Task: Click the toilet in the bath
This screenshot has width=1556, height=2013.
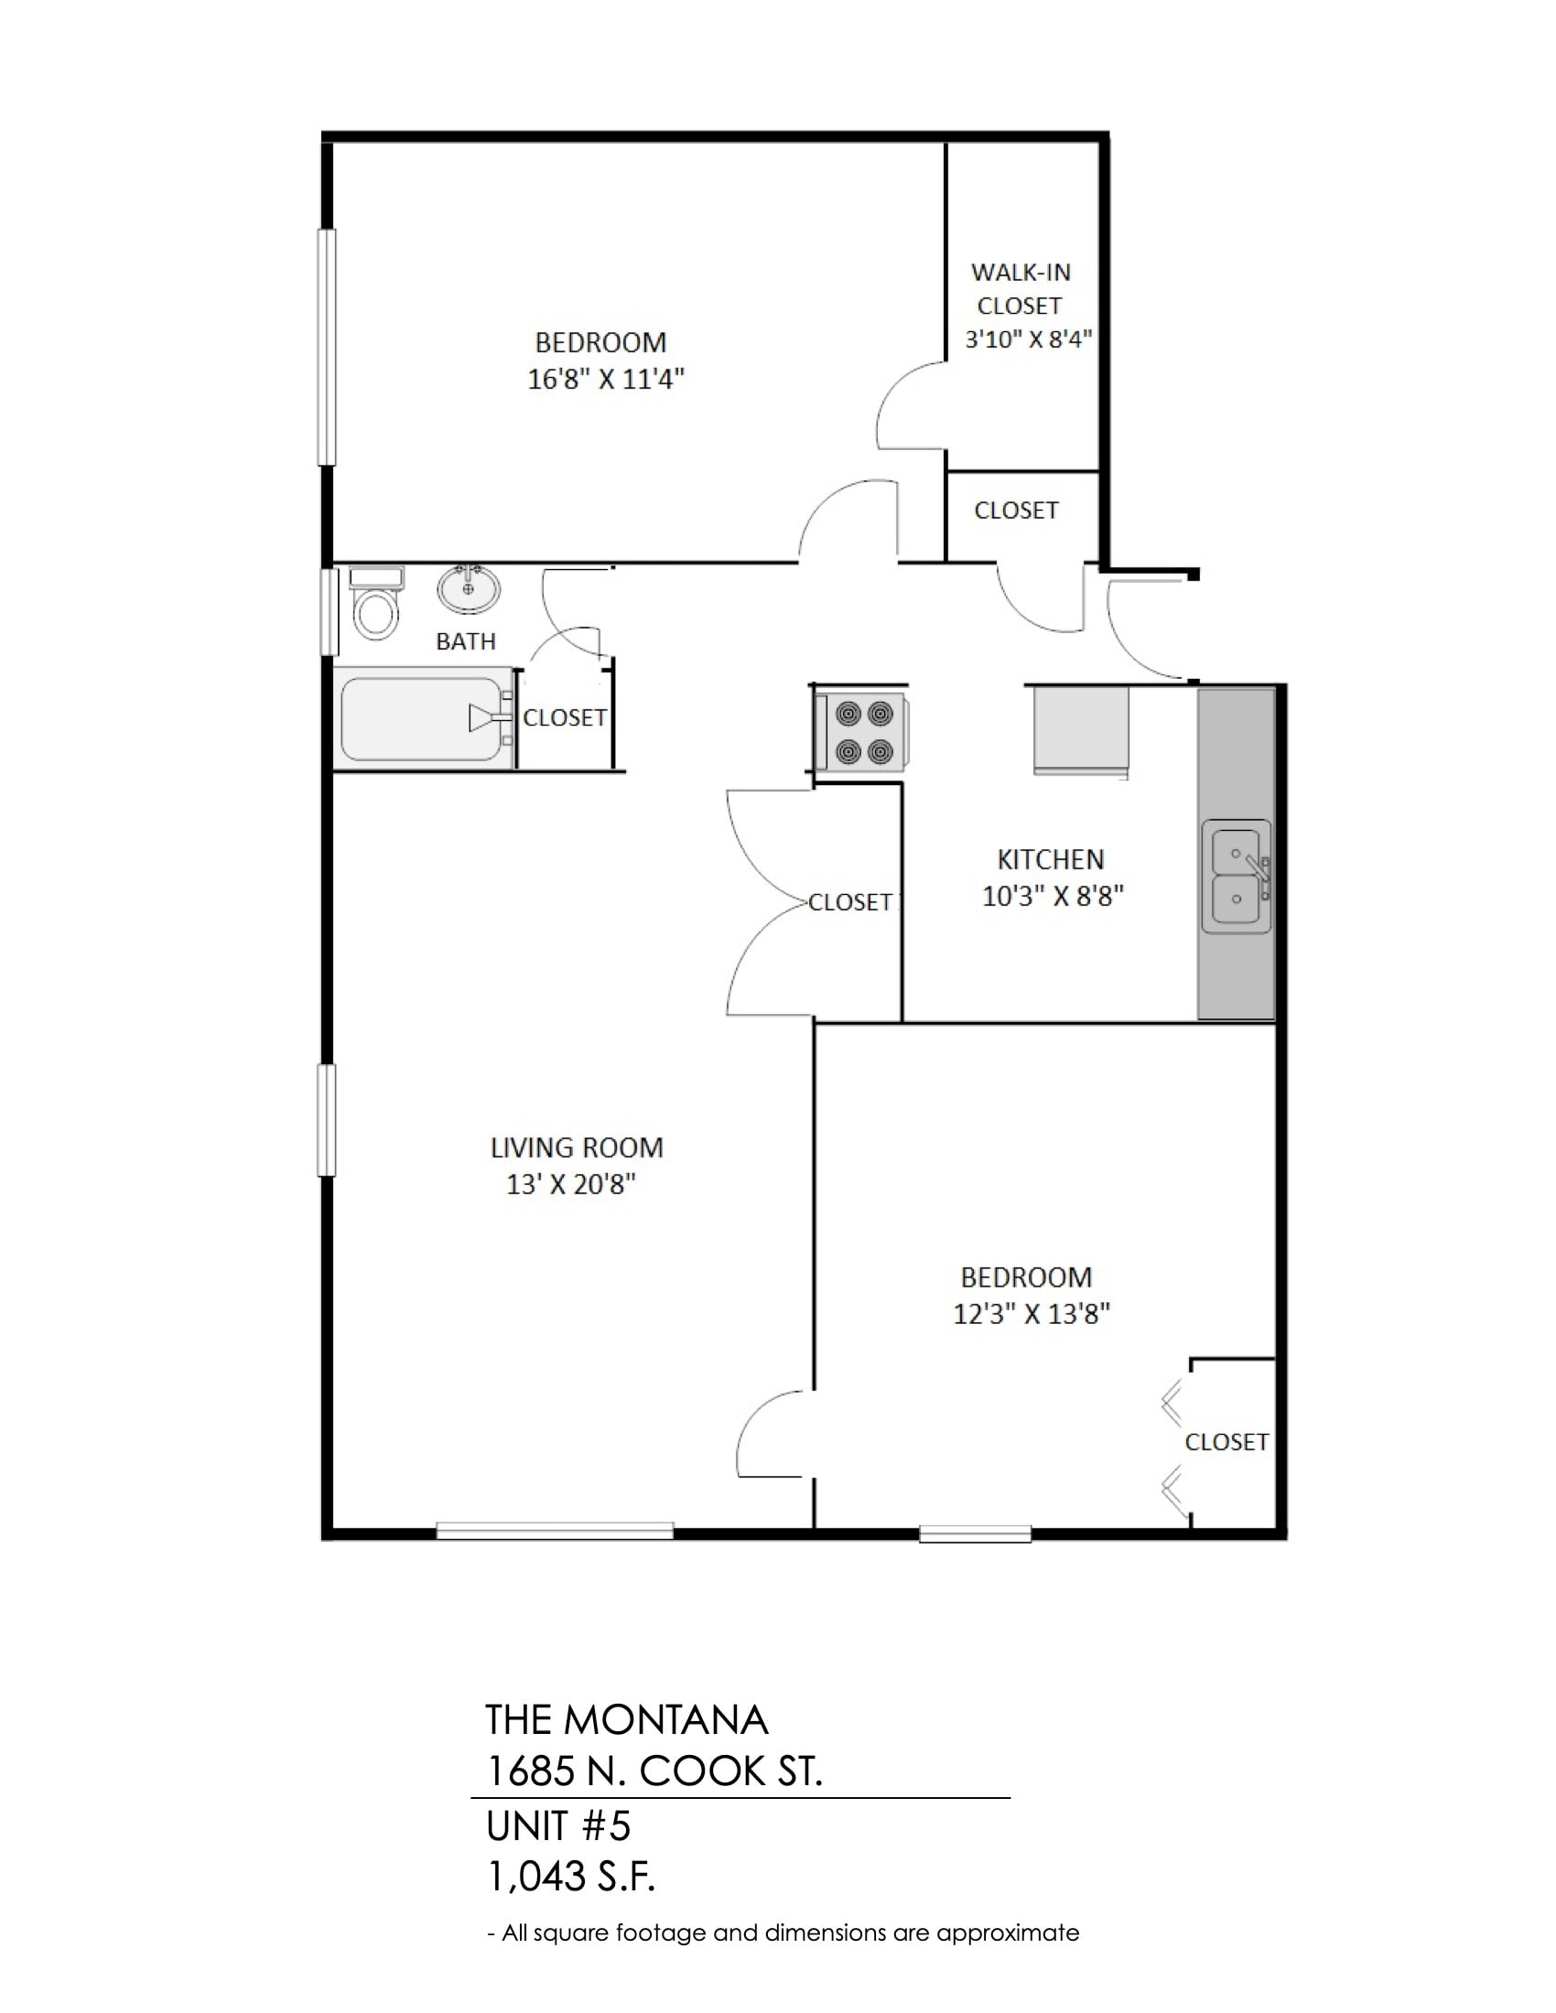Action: point(376,603)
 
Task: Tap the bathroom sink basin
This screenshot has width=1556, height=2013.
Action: point(470,589)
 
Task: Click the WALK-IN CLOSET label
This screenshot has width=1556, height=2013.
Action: point(1021,288)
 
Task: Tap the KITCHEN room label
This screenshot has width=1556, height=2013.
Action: point(1050,859)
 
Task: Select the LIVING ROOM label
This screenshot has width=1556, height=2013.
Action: point(577,1147)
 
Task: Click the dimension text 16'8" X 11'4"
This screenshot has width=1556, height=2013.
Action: point(606,379)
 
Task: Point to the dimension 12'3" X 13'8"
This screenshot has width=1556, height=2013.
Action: point(1032,1313)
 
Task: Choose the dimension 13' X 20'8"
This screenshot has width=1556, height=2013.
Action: point(570,1184)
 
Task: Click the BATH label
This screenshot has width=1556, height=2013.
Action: point(466,641)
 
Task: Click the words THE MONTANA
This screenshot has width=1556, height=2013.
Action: point(626,1720)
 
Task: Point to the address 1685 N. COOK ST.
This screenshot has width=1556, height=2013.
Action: point(654,1771)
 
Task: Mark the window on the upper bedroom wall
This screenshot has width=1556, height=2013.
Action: point(327,347)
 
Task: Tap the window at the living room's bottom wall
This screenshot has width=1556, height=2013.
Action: point(555,1531)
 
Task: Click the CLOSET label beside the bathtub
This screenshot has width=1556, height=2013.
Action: point(565,717)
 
